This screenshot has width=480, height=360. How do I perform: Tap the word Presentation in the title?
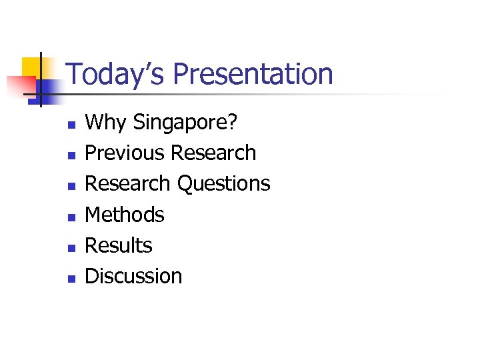[x=253, y=73]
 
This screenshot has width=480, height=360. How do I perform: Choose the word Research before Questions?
[x=129, y=183]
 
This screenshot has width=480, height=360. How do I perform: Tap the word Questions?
[x=224, y=183]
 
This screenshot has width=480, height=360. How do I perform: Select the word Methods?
[x=125, y=215]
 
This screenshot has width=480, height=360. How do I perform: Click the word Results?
[x=119, y=245]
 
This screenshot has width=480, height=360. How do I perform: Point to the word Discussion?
[x=133, y=276]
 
